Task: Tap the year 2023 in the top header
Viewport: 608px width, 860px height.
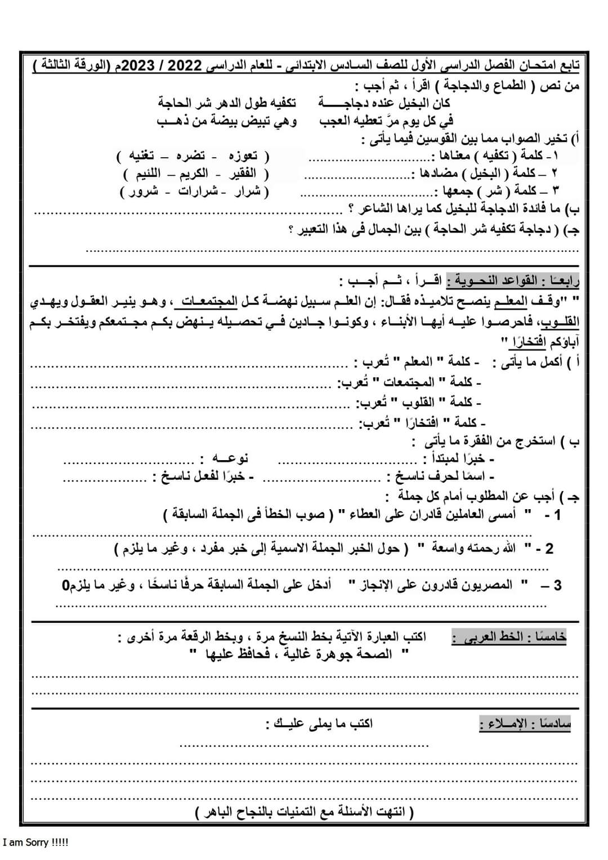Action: pyautogui.click(x=138, y=65)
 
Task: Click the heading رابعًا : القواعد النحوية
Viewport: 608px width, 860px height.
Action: pyautogui.click(x=513, y=280)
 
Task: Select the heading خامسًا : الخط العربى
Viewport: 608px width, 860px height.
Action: pyautogui.click(x=509, y=637)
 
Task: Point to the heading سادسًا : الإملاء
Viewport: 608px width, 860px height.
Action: pyautogui.click(x=525, y=723)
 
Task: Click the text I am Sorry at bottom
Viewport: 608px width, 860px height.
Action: pyautogui.click(x=35, y=843)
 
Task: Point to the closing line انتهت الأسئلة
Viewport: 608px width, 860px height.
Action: pyautogui.click(x=305, y=812)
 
